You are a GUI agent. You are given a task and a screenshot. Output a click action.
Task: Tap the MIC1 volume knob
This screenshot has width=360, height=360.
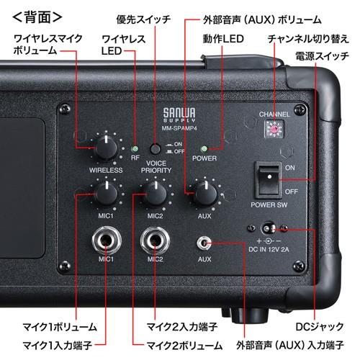(106, 193)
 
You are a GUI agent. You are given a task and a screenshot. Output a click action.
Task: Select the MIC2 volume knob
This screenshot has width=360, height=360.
(154, 193)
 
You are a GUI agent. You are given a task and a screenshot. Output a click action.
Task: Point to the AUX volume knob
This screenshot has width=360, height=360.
(204, 193)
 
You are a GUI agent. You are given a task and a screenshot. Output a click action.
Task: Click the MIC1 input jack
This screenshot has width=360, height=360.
(106, 240)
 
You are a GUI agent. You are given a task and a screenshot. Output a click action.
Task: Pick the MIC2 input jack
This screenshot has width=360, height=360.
(154, 240)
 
